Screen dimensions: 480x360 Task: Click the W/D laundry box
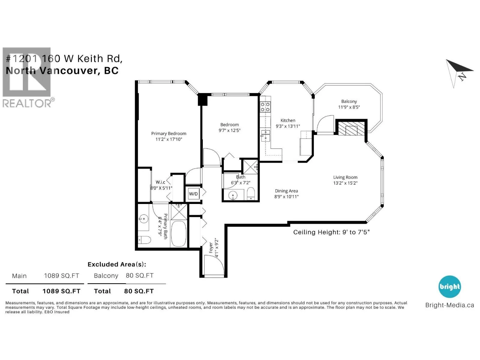193,194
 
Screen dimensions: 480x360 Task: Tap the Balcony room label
349,101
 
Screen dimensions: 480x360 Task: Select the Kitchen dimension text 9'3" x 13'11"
288,126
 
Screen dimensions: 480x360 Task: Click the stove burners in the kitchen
265,107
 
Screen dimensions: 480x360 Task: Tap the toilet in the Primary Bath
144,240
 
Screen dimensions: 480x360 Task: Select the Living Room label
345,177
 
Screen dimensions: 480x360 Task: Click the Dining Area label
286,191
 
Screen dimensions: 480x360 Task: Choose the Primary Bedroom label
169,133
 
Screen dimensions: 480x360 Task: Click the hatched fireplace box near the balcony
351,128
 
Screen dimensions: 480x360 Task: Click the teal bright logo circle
450,286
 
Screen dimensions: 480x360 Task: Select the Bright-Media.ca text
450,305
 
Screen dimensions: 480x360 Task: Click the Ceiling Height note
331,232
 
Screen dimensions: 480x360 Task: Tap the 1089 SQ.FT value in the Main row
61,276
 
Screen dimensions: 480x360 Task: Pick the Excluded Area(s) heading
117,265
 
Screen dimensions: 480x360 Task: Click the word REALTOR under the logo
27,103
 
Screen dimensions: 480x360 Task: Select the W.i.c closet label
160,182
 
